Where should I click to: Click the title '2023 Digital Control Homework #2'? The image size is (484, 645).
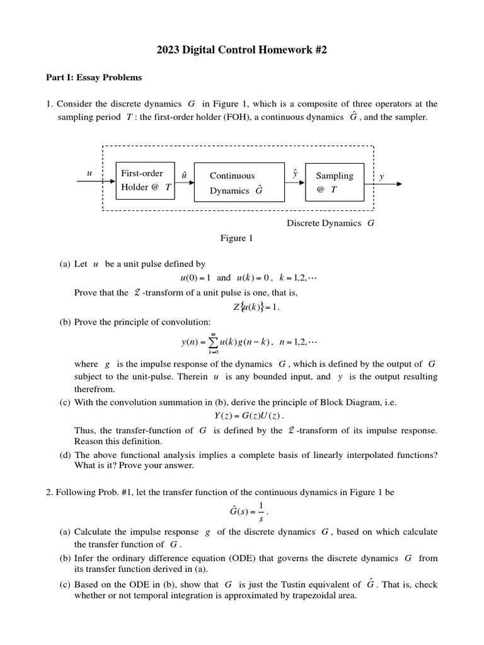tap(242, 50)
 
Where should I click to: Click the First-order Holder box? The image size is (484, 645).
tap(146, 180)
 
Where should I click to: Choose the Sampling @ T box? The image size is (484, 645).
tap(334, 182)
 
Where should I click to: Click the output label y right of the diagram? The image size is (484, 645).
tap(381, 177)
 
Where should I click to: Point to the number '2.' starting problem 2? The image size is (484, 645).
tap(50, 492)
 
